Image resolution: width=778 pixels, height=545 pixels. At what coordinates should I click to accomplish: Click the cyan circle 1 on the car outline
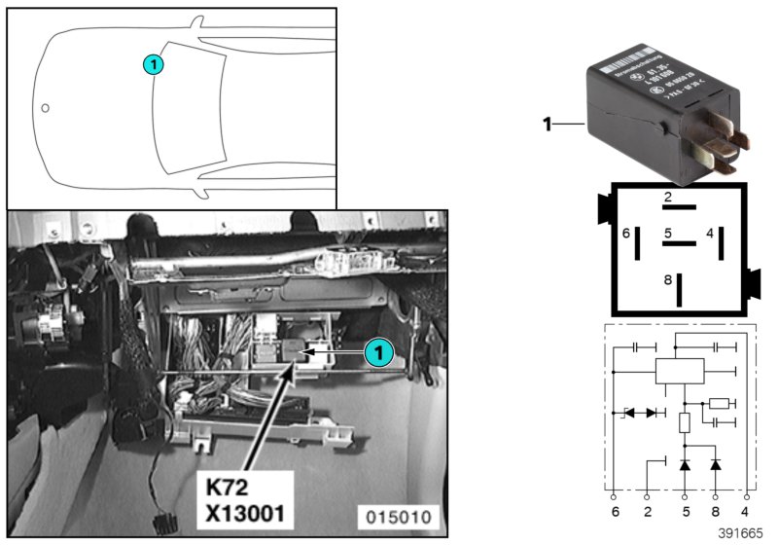(153, 65)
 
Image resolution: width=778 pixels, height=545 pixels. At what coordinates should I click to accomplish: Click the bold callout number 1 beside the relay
(547, 124)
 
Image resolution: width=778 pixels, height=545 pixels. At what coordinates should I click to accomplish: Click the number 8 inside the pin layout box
(667, 280)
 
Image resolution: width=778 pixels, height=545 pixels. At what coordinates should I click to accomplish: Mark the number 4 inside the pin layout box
(710, 233)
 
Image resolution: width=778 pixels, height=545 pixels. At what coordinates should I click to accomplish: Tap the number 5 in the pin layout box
(667, 234)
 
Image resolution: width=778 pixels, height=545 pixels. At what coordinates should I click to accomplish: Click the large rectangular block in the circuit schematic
(680, 371)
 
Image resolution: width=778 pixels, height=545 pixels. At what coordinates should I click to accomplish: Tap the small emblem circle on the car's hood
(45, 107)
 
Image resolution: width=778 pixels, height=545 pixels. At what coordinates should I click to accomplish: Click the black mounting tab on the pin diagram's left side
(603, 208)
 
